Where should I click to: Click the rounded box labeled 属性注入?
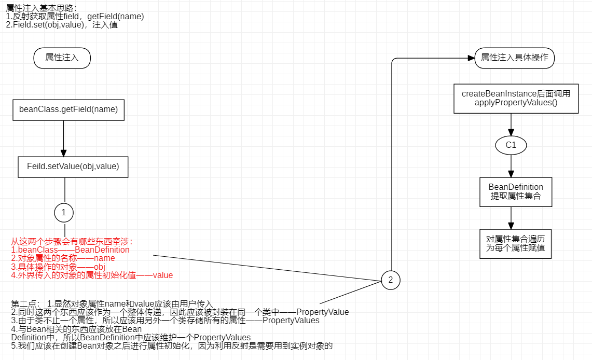(x=62, y=58)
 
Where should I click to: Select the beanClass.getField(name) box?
(x=68, y=109)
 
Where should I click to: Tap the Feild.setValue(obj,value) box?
(x=73, y=167)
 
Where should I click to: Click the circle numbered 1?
(x=64, y=212)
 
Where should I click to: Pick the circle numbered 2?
(x=391, y=280)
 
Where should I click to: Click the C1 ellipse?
(x=511, y=145)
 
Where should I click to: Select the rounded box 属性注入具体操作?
(x=514, y=58)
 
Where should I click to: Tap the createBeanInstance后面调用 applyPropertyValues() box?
(x=516, y=98)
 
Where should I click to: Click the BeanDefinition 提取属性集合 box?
(x=516, y=192)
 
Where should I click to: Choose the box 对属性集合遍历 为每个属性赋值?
(x=516, y=243)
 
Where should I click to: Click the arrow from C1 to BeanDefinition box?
(x=512, y=166)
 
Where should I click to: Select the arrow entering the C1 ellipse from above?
(x=512, y=125)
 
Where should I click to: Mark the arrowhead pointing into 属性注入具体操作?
(x=471, y=58)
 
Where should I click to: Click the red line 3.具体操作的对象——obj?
(x=59, y=267)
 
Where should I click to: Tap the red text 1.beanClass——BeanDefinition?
(x=71, y=250)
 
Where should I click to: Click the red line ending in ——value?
(x=92, y=275)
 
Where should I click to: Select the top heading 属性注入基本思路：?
(x=42, y=8)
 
